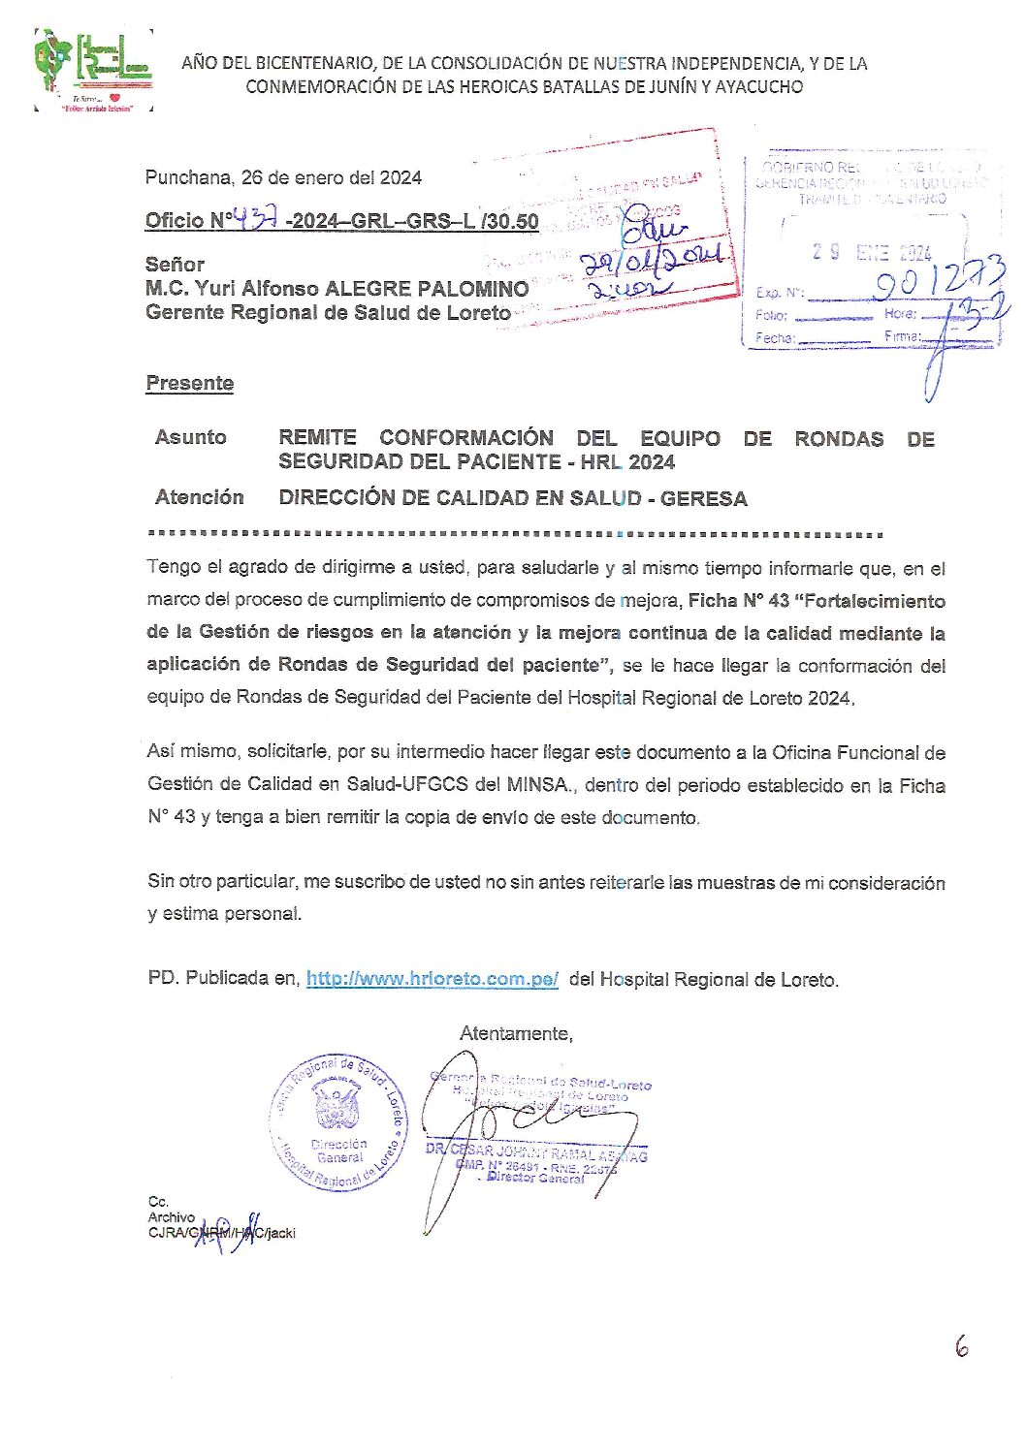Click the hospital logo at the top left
click(x=93, y=70)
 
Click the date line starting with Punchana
click(x=283, y=177)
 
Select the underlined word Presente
click(x=190, y=383)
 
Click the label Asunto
click(x=190, y=437)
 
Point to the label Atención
click(x=199, y=497)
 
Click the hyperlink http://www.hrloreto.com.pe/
click(x=432, y=979)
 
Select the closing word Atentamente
click(x=516, y=1033)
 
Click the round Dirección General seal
click(x=339, y=1122)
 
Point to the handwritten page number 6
click(x=961, y=1346)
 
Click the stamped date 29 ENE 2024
click(x=873, y=253)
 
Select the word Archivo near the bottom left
click(x=172, y=1216)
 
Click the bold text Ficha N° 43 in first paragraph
click(x=739, y=601)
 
